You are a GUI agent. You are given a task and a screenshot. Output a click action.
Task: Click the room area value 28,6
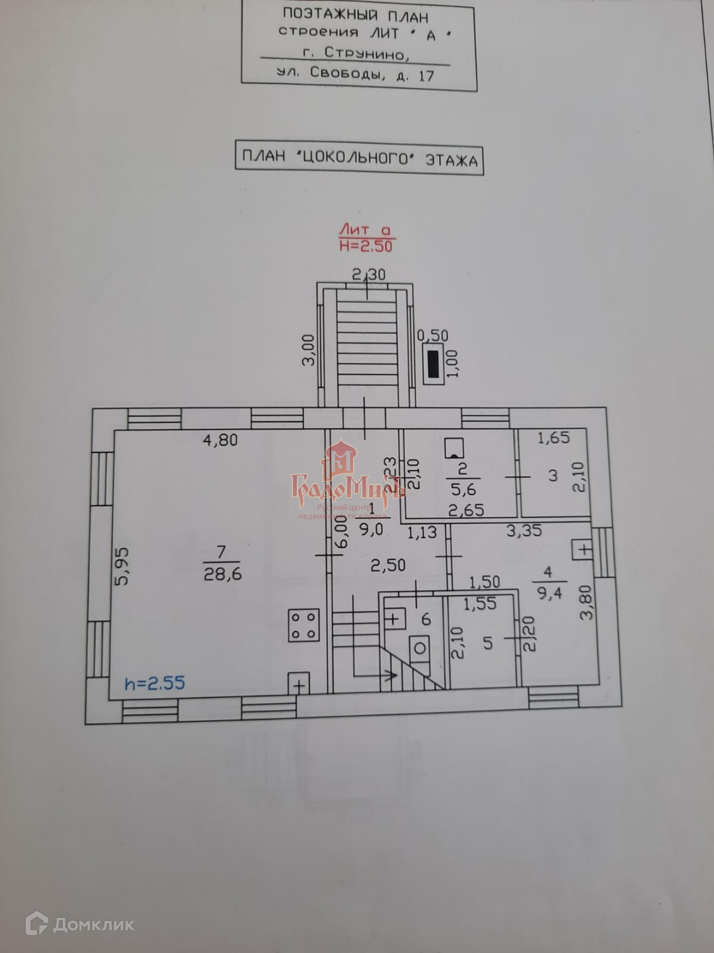click(222, 574)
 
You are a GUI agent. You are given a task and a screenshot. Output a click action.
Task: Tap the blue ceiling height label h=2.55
click(155, 683)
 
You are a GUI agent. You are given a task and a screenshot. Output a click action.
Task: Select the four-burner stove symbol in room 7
click(304, 625)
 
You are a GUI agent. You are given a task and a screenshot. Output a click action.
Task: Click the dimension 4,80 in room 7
click(220, 439)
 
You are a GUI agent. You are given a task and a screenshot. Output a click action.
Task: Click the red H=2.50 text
click(366, 246)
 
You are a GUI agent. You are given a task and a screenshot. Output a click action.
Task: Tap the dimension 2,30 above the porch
click(368, 274)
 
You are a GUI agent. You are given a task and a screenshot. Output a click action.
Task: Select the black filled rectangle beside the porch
click(434, 364)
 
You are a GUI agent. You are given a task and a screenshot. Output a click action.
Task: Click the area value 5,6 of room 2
click(463, 490)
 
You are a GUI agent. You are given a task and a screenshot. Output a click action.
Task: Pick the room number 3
click(553, 475)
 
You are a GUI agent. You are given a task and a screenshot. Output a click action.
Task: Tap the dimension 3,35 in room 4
click(524, 530)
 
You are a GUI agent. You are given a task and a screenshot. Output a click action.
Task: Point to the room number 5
click(488, 643)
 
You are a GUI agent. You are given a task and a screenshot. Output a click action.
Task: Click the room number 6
click(426, 619)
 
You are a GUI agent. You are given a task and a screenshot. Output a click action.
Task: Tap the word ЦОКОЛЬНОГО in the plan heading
click(356, 158)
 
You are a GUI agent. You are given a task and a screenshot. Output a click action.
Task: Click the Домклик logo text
click(93, 924)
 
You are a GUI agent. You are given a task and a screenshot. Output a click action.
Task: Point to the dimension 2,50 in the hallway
click(388, 565)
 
